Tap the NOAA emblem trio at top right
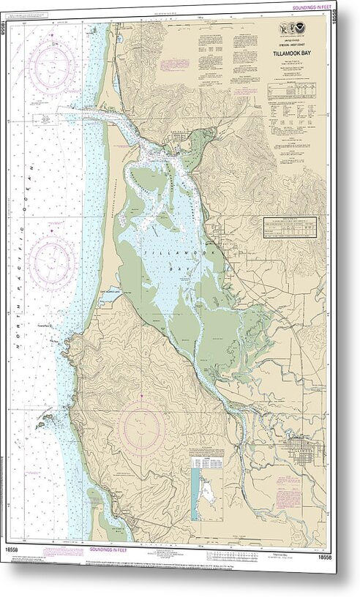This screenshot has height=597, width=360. pos(298,29)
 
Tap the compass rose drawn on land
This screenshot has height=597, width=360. pos(141,427)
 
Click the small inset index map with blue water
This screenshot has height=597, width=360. pos(203,489)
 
